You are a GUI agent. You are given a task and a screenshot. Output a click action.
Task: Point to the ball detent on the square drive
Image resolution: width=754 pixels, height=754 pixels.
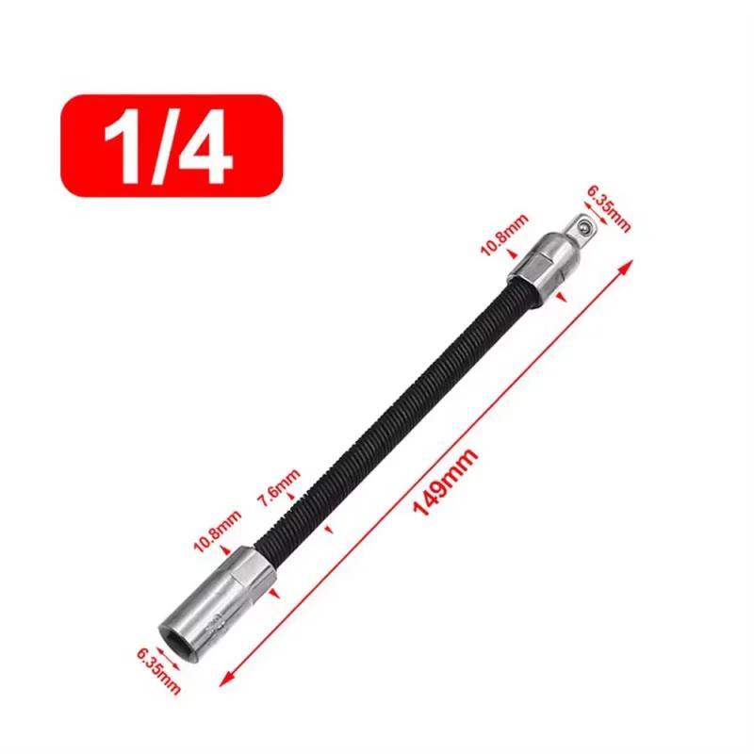[585, 226]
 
